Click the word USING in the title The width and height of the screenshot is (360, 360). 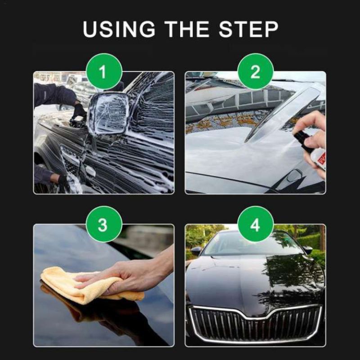119,29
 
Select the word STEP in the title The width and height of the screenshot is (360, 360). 248,29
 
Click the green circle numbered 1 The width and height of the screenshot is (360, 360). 104,72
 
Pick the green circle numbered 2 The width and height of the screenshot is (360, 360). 255,72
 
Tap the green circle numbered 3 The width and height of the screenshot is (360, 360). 104,224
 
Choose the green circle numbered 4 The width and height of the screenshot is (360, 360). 255,224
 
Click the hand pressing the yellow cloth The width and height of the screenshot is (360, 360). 129,275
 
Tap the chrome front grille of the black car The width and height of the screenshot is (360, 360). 255,324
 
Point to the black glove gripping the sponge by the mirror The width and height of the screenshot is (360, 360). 78,112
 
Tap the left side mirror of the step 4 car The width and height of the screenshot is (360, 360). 196,251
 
